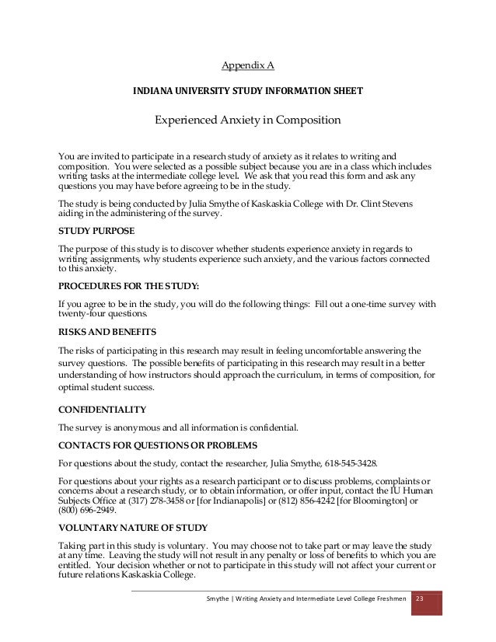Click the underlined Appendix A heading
tap(247, 66)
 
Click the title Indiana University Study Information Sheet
tap(247, 91)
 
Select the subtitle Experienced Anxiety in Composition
tap(247, 120)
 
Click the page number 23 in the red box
tap(421, 599)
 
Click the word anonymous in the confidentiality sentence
tap(139, 427)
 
